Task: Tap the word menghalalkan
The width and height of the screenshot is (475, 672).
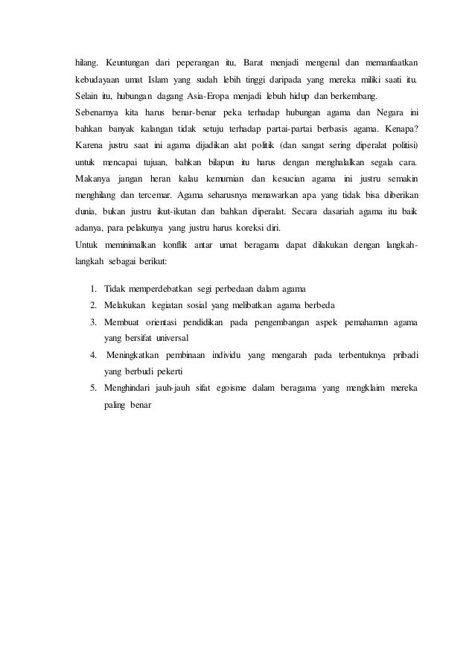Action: (x=324, y=161)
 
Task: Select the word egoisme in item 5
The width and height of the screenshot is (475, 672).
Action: (x=229, y=388)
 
